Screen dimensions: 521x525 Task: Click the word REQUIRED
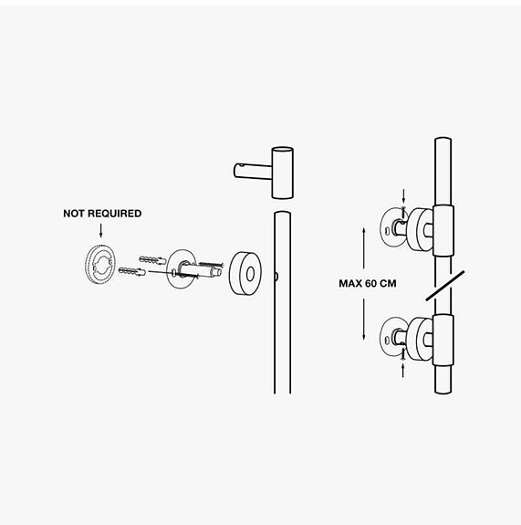point(115,214)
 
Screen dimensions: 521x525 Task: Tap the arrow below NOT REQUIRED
point(100,230)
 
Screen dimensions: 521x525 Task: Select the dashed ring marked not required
point(100,265)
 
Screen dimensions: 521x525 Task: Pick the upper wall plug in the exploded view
point(152,259)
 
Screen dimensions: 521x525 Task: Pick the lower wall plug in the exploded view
point(131,271)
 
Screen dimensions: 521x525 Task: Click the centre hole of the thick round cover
point(250,274)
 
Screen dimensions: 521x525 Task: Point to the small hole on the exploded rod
point(276,277)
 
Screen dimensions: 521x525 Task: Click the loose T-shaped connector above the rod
point(265,173)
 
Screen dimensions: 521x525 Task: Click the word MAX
point(350,284)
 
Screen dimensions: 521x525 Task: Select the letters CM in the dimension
point(388,284)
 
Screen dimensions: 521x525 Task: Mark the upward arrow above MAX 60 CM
point(364,248)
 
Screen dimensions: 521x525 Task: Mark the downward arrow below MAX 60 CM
point(364,320)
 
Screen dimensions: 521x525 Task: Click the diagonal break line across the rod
point(445,286)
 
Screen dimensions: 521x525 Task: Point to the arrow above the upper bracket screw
point(403,196)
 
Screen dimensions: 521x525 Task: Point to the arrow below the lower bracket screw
point(403,371)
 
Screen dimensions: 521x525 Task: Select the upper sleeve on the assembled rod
point(443,230)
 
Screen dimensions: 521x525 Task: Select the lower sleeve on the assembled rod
point(443,340)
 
